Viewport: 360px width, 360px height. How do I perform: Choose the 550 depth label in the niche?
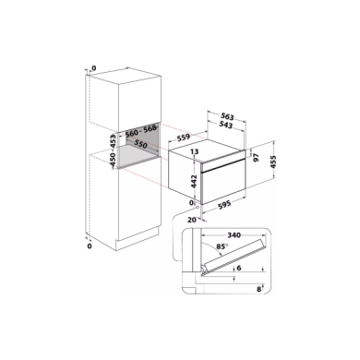140,146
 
